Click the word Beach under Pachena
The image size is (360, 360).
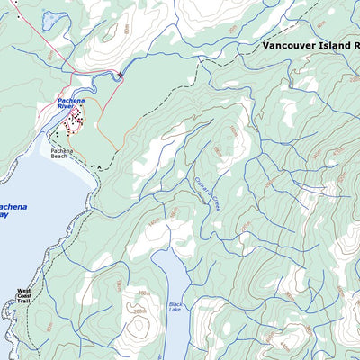59,157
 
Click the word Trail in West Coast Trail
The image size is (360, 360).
23,300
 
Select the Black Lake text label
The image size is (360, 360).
175,308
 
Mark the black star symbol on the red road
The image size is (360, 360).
120,75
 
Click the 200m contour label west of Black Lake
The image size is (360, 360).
139,312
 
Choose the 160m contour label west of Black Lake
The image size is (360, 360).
141,292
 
